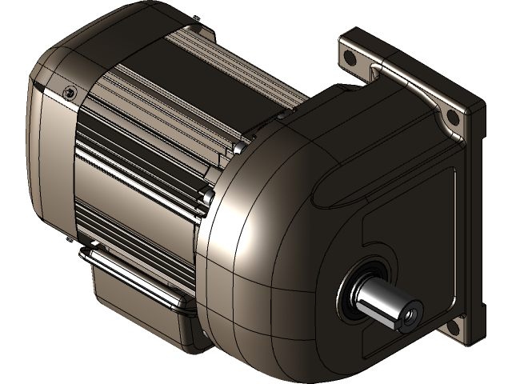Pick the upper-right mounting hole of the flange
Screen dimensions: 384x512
point(452,118)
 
